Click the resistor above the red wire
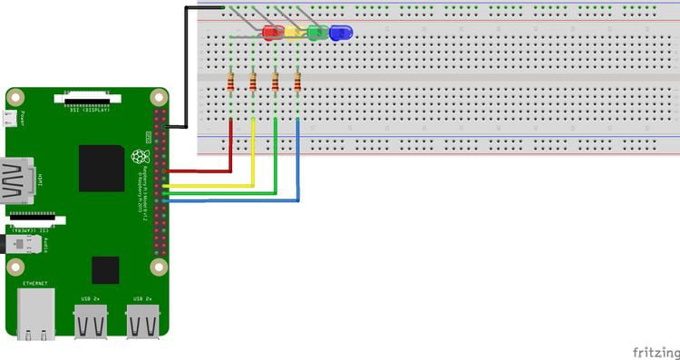pyautogui.click(x=231, y=84)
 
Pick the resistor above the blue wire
pyautogui.click(x=297, y=84)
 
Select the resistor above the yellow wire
pyautogui.click(x=253, y=84)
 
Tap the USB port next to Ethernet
pyautogui.click(x=91, y=321)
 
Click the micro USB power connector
pyautogui.click(x=11, y=118)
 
